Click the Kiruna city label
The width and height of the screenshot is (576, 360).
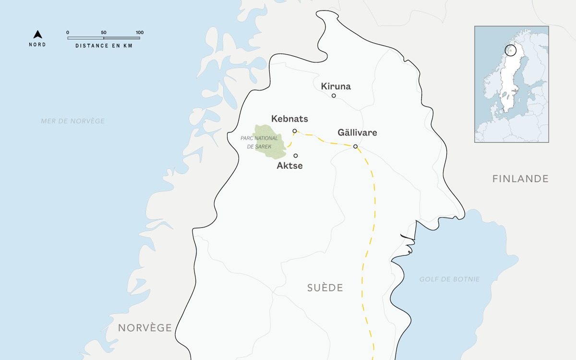click(336, 86)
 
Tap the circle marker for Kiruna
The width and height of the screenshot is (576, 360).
click(334, 96)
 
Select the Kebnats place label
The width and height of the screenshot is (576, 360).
click(289, 119)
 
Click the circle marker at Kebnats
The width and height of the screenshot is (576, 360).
click(294, 131)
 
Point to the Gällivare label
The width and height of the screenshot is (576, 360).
click(357, 132)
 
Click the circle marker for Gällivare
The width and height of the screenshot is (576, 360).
click(355, 146)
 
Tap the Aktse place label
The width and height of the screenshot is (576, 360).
click(290, 166)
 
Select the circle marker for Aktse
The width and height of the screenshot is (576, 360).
click(296, 156)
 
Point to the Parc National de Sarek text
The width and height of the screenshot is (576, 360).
click(259, 142)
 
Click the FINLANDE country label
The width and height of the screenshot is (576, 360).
click(520, 179)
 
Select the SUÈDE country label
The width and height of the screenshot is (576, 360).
click(325, 288)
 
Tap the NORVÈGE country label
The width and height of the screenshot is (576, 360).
click(145, 328)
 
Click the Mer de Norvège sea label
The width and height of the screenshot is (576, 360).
click(72, 121)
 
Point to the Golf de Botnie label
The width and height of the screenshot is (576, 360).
click(449, 279)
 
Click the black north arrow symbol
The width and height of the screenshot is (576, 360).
click(37, 35)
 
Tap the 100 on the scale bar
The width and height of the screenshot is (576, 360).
click(139, 33)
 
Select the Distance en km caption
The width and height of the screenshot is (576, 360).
click(104, 46)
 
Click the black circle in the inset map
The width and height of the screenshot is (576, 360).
click(511, 49)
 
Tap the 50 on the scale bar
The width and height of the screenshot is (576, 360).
click(104, 33)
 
